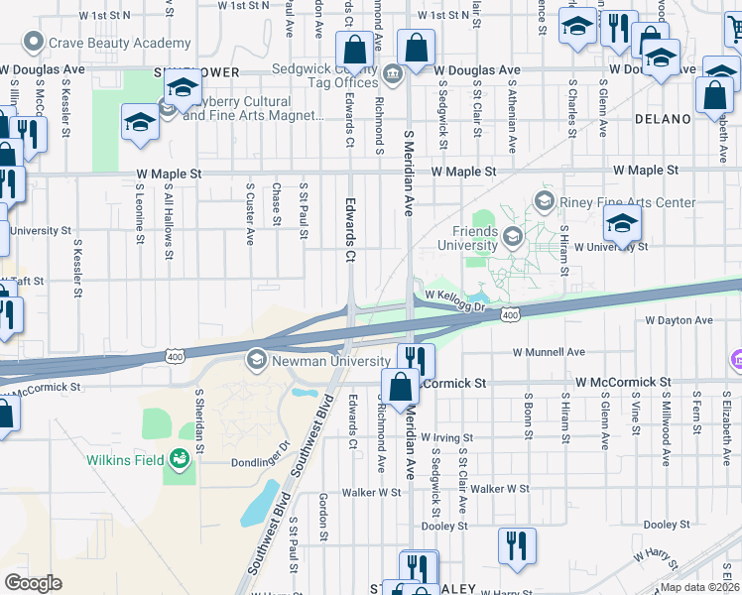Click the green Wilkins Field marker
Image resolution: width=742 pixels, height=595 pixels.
[x=179, y=458]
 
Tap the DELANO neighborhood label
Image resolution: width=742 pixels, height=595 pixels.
[x=662, y=119]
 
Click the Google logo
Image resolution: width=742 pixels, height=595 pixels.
[x=34, y=582]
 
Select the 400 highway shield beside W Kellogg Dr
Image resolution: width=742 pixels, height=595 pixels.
[x=510, y=314]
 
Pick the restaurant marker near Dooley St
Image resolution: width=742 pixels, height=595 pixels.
[x=517, y=546]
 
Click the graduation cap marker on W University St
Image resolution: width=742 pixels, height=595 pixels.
[x=622, y=225]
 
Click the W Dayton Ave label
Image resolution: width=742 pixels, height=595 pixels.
[x=679, y=321]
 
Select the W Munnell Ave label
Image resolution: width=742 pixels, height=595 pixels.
[x=549, y=352]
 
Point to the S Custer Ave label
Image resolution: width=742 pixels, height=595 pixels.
[x=250, y=212]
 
